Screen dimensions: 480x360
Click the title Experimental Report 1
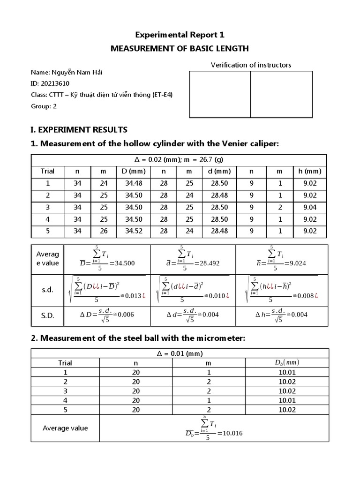pyautogui.click(x=180, y=35)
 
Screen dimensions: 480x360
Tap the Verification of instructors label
pyautogui.click(x=251, y=65)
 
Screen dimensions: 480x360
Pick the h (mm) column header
pyautogui.click(x=310, y=171)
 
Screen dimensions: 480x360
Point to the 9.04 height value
pyautogui.click(x=310, y=207)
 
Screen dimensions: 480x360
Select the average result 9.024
pyautogui.click(x=296, y=263)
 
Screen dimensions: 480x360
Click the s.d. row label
pyautogui.click(x=47, y=290)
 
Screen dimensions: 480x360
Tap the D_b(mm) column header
pyautogui.click(x=286, y=362)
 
